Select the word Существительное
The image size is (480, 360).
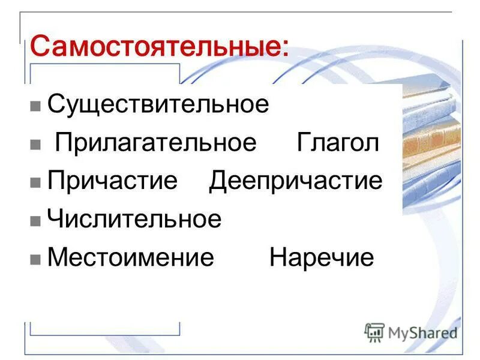[x=158, y=104]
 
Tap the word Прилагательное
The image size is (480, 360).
[x=156, y=143]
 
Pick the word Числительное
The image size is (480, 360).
[x=134, y=219]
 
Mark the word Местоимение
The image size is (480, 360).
[x=131, y=257]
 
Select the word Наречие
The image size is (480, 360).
[x=322, y=257]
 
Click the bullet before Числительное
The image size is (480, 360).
[x=35, y=221]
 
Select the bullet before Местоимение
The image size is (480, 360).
[x=35, y=260]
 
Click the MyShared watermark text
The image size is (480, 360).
[x=422, y=332]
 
